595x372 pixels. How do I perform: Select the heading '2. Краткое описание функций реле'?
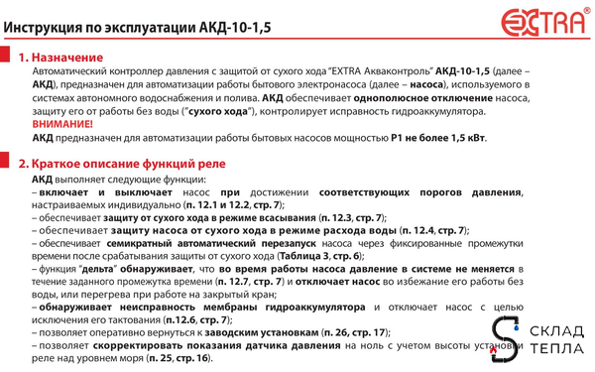(x=128, y=163)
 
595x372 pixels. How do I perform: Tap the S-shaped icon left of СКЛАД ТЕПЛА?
(x=505, y=340)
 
